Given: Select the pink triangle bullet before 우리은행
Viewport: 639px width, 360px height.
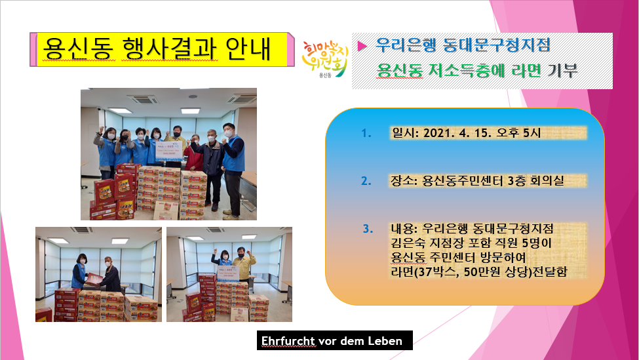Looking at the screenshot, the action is point(362,46).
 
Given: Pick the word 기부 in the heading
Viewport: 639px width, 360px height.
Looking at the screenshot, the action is point(562,71).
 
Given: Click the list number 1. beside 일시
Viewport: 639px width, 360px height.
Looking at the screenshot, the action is point(366,133).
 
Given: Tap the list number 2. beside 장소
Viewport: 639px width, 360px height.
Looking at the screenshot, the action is point(366,180).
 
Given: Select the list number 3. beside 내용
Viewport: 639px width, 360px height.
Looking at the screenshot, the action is point(368,229).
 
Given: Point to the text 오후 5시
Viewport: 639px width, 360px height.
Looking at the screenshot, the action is point(524,133).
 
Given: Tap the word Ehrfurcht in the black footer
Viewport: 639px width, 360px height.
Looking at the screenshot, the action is point(288,341).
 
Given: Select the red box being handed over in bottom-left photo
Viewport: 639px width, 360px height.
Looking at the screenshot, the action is point(94,278).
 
